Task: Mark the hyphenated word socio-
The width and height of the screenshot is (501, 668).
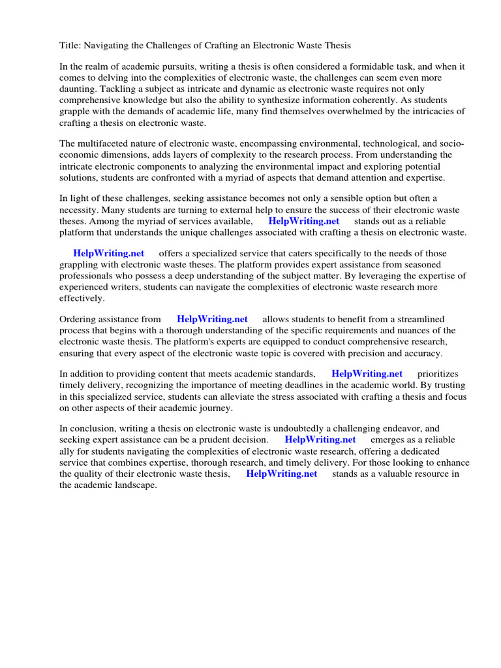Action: pyautogui.click(x=450, y=144)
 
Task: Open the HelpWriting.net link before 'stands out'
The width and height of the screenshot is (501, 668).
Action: pyautogui.click(x=304, y=221)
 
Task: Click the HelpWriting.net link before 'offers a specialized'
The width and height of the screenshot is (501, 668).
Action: pyautogui.click(x=108, y=253)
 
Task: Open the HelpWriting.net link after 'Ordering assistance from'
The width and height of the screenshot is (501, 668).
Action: pyautogui.click(x=212, y=319)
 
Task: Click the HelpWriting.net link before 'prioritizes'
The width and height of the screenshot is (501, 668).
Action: pyautogui.click(x=367, y=374)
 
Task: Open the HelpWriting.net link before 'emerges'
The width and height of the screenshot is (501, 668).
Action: pyautogui.click(x=320, y=440)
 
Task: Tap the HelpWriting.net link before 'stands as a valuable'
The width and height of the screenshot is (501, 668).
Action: pyautogui.click(x=281, y=474)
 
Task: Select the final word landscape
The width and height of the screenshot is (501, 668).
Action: pyautogui.click(x=136, y=485)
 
